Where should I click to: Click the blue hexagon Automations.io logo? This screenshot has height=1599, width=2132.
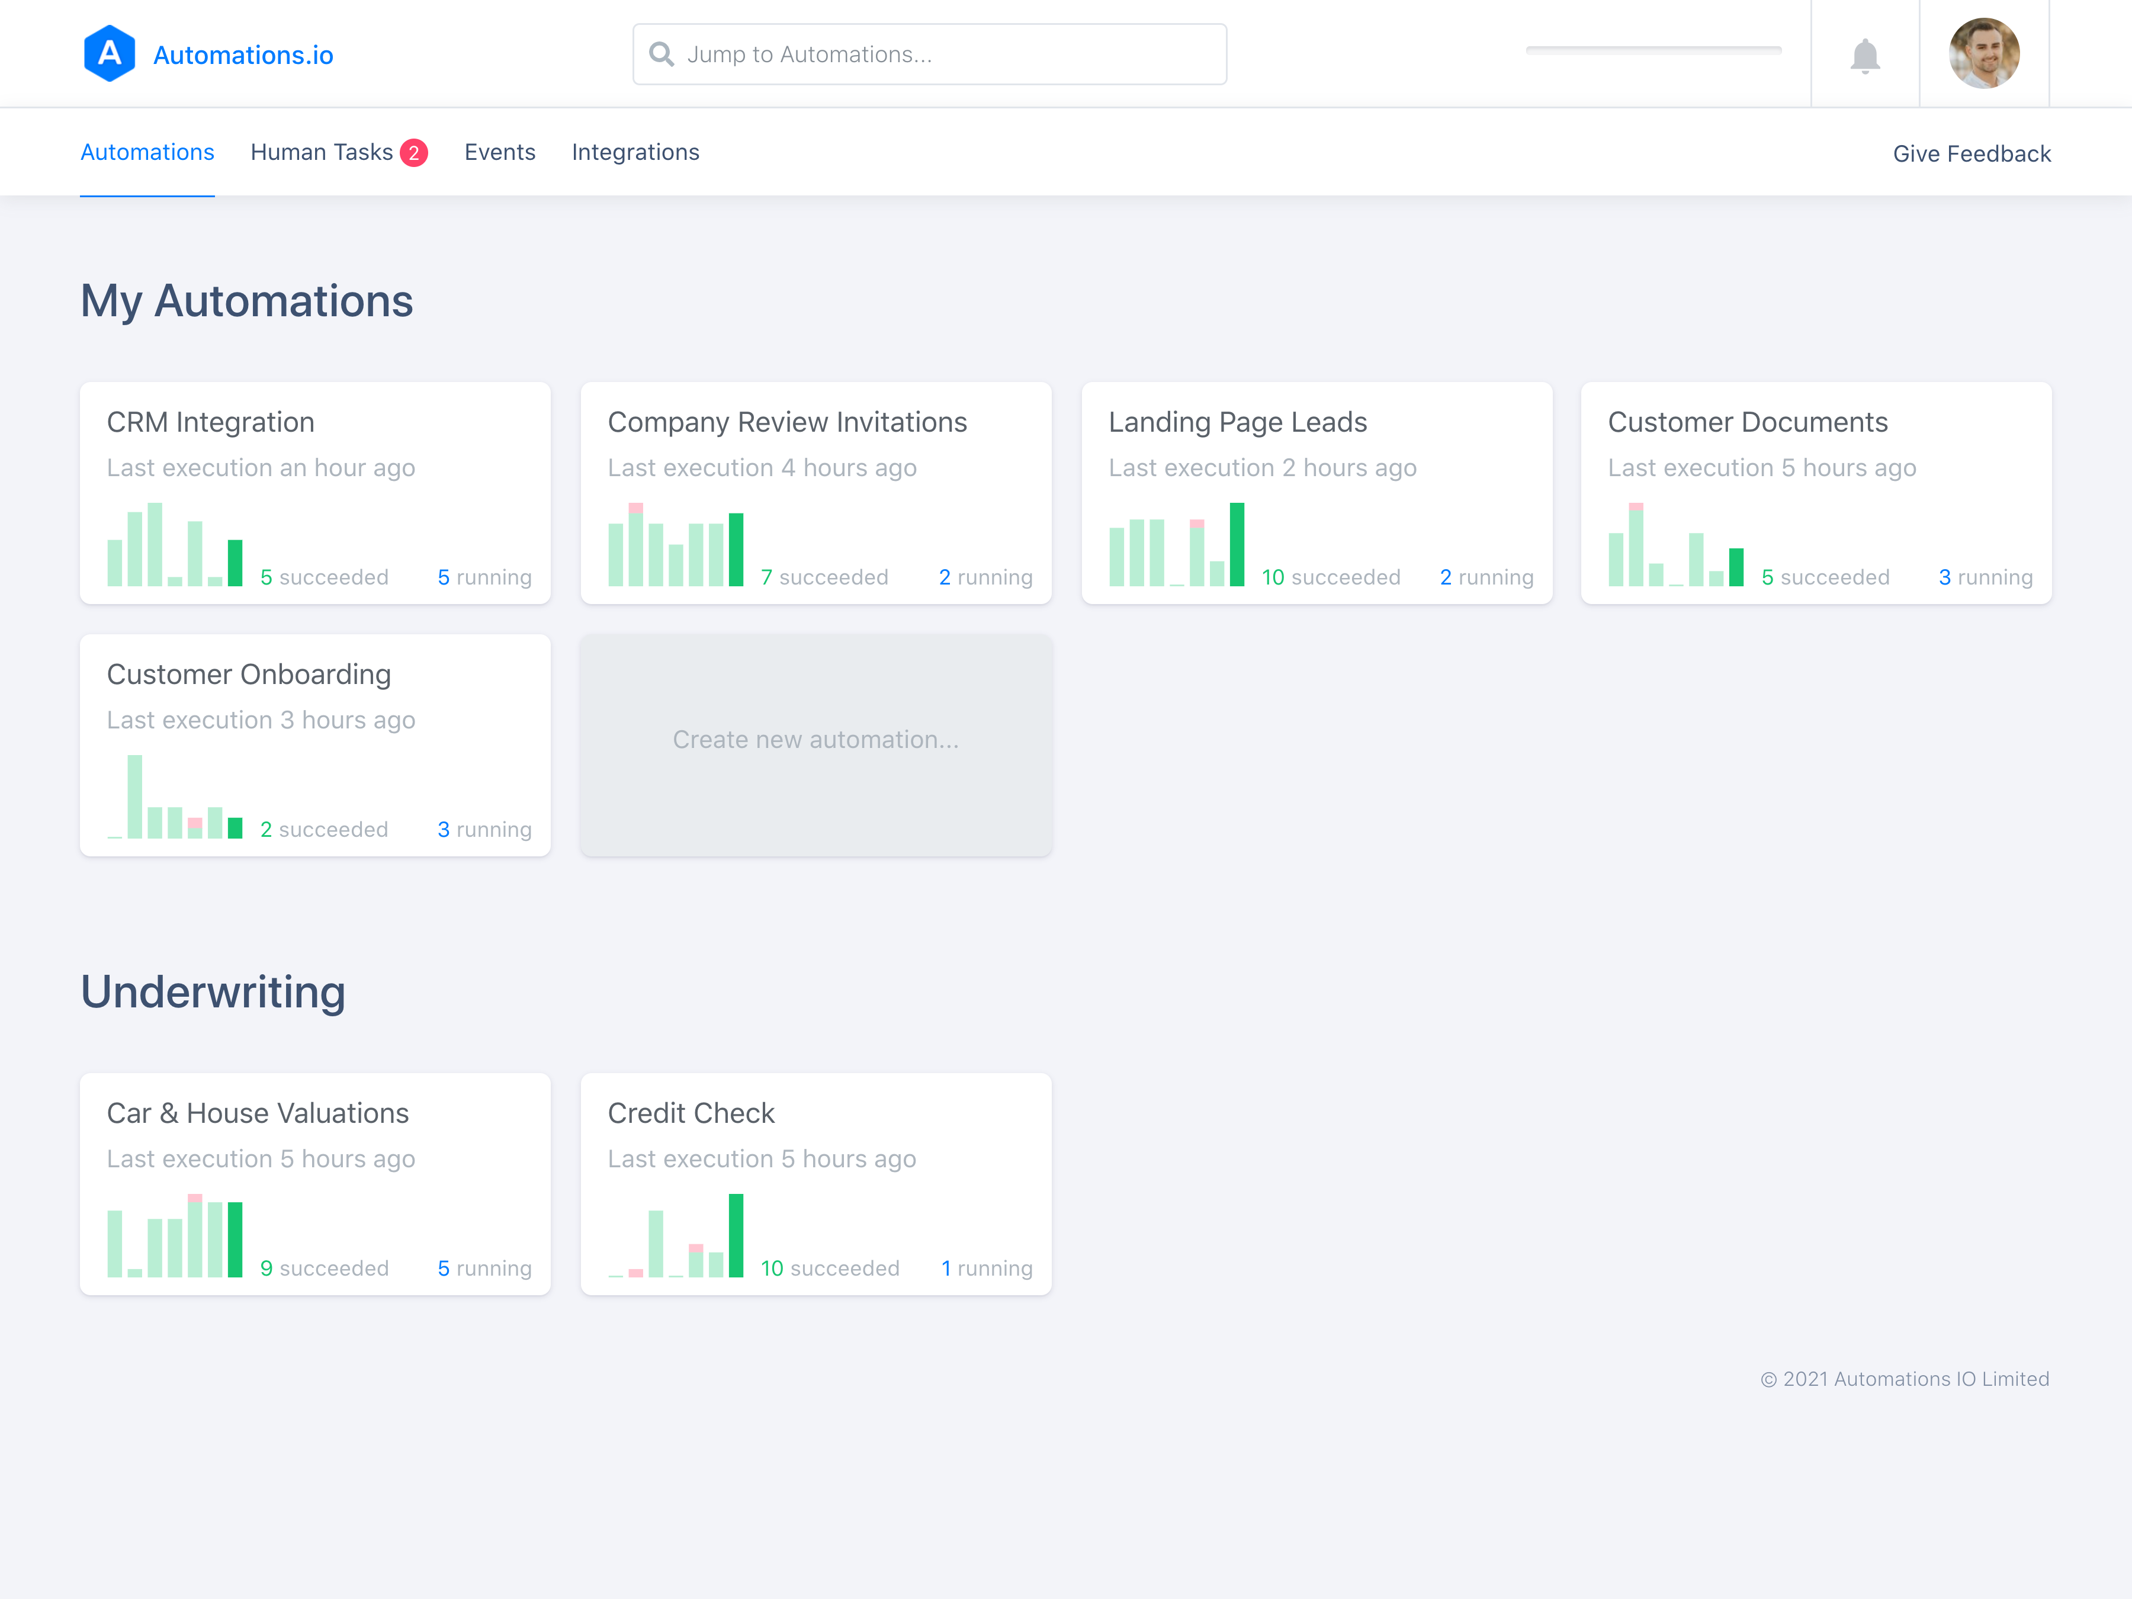(110, 54)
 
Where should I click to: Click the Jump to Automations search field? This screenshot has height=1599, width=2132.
(929, 54)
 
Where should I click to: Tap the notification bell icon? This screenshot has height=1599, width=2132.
(1865, 56)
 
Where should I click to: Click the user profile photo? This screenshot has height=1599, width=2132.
(1983, 53)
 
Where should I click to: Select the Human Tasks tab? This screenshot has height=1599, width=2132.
(322, 152)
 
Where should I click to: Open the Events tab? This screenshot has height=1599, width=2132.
(499, 152)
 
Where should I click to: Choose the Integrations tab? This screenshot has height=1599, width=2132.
(635, 152)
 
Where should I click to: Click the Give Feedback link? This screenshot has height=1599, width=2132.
(1971, 153)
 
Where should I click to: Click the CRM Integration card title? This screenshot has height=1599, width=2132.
(210, 422)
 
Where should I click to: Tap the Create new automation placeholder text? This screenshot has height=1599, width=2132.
(815, 739)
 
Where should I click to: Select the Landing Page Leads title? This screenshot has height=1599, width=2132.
(1238, 422)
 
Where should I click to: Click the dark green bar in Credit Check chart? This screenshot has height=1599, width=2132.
(736, 1235)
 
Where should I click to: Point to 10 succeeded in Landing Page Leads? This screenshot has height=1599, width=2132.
(1331, 577)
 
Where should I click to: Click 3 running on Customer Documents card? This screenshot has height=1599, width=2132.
(1986, 577)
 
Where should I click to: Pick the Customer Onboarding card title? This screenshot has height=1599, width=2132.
(249, 675)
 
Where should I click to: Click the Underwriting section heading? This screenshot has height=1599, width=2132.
(213, 992)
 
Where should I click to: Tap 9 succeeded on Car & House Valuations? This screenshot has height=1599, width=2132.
(325, 1269)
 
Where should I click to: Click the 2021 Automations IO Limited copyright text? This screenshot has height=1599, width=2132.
(1905, 1379)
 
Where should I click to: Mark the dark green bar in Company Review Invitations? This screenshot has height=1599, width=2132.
(736, 550)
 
